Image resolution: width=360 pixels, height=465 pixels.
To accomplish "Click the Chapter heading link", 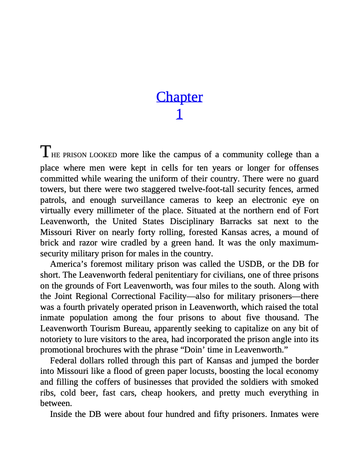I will click(x=179, y=97).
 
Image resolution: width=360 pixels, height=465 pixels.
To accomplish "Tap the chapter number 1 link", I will click(x=179, y=114).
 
